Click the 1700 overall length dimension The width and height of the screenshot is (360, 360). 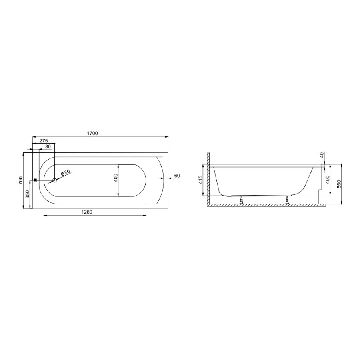pyautogui.click(x=93, y=133)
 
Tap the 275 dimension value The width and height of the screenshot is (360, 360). pyautogui.click(x=43, y=141)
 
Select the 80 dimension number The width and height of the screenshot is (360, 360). pyautogui.click(x=48, y=147)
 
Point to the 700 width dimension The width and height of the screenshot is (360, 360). pyautogui.click(x=21, y=180)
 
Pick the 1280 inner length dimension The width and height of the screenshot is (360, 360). pyautogui.click(x=87, y=212)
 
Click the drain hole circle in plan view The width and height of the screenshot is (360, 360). pyautogui.click(x=55, y=180)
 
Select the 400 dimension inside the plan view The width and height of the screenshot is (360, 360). pyautogui.click(x=116, y=178)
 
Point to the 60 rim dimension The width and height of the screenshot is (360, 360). pyautogui.click(x=177, y=176)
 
